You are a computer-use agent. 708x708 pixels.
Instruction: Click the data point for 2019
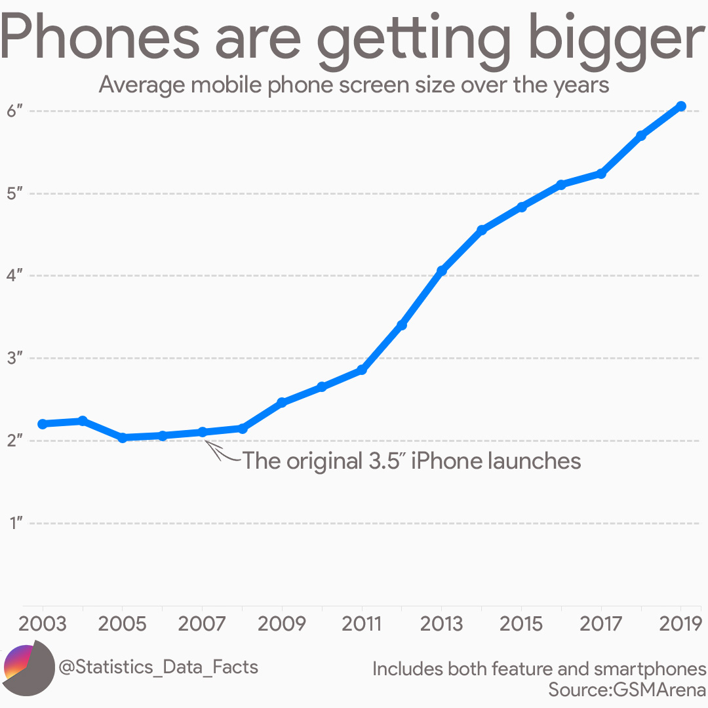(x=681, y=106)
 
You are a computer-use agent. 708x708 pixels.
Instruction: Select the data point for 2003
(x=43, y=424)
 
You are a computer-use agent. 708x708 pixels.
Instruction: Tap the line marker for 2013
(x=442, y=271)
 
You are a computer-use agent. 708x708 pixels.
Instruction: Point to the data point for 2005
(x=123, y=437)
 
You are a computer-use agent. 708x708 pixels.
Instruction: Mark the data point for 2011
(x=362, y=370)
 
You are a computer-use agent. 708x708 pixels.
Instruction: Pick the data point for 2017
(x=601, y=174)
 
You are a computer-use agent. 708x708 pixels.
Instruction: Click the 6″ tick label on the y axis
(x=16, y=111)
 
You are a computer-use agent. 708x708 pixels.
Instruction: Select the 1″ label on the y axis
(x=16, y=523)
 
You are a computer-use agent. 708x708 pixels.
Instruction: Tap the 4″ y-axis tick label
(x=16, y=276)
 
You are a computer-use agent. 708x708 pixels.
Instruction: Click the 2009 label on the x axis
(x=282, y=623)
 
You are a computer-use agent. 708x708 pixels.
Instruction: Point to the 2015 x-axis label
(x=521, y=623)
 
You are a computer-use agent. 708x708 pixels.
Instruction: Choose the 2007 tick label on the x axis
(x=202, y=623)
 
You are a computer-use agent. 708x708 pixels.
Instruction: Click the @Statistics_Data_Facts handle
(x=158, y=667)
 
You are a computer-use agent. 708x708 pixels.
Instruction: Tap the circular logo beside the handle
(x=29, y=669)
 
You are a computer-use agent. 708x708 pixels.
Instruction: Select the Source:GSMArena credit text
(x=627, y=690)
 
